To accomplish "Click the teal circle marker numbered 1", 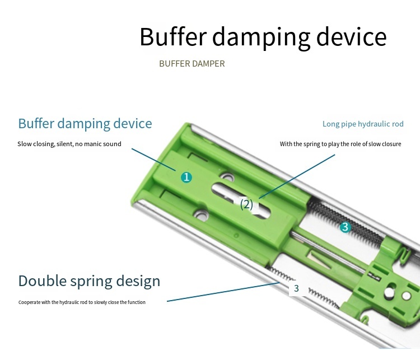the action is pos(186,177).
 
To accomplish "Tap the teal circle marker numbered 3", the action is pos(346,227).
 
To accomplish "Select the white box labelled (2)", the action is pos(246,205).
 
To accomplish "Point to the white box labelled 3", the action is pos(296,288).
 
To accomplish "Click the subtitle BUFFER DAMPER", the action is pos(192,64).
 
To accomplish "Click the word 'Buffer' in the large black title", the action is pos(173,37).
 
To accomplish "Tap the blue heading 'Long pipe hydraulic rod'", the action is pos(363,124).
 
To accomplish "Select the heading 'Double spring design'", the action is pos(89,281).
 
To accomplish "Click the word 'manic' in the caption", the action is pos(92,144).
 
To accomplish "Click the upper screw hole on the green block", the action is pos(227,177).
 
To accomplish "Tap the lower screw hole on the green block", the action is pos(201,214).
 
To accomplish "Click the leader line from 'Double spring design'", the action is pos(223,292).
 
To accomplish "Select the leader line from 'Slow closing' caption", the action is pos(153,160).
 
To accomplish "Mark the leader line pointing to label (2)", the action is pos(297,176).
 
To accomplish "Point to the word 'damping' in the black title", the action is pos(261,38).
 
